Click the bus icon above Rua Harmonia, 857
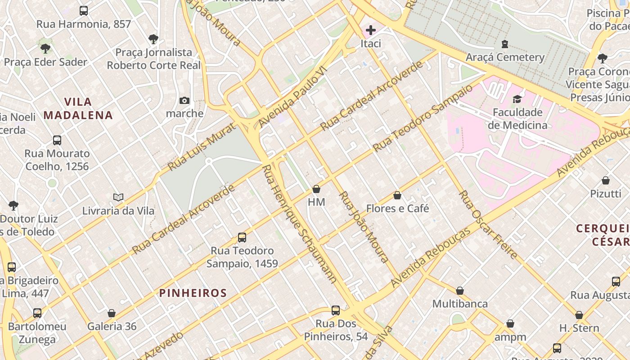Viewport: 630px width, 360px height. point(83,11)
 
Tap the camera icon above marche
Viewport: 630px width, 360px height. point(184,100)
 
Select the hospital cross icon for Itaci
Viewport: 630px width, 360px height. point(371,30)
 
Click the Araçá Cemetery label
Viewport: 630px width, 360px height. point(505,57)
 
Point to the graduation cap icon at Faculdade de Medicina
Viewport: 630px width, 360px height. point(517,99)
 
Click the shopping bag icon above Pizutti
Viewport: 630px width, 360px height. point(606,181)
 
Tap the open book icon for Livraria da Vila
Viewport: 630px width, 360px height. point(118,197)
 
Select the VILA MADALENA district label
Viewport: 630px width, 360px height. point(78,108)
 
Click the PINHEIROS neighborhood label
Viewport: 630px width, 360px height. point(193,293)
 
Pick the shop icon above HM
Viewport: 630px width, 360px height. point(316,189)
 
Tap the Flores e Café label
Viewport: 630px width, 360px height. point(397,209)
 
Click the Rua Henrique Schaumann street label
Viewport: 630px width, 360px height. point(299,224)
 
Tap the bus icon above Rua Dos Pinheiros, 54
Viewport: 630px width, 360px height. point(336,310)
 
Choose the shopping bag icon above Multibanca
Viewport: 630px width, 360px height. point(460,291)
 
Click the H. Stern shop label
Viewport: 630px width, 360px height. point(579,328)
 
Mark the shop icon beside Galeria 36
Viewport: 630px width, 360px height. point(112,313)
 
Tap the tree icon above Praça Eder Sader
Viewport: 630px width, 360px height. point(45,49)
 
